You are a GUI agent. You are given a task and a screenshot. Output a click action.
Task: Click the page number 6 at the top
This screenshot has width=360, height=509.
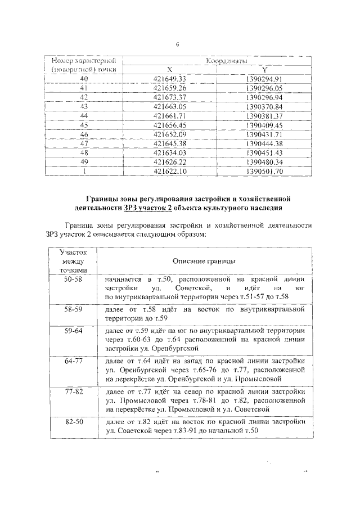point(177,46)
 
